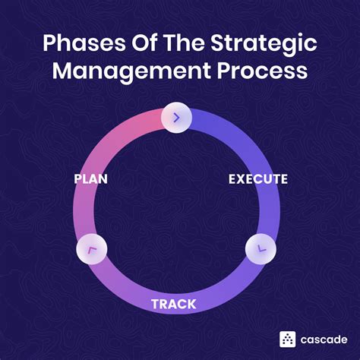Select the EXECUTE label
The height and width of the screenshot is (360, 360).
(257, 179)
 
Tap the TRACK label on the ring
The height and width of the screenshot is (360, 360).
(173, 305)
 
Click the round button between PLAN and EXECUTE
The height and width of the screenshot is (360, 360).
(175, 118)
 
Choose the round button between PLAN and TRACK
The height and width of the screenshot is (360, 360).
(91, 249)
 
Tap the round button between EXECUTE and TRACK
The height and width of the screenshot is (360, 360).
(261, 248)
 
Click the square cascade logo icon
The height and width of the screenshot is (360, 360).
(288, 339)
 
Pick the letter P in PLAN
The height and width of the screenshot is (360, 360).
(78, 179)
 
